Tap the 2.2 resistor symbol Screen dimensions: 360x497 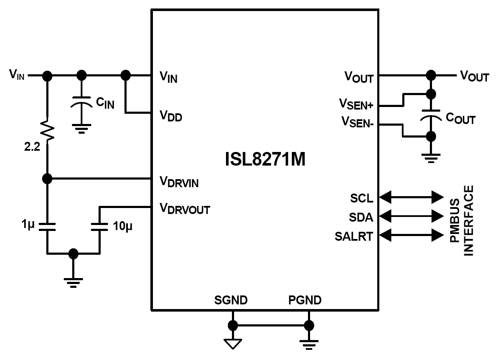click(x=48, y=129)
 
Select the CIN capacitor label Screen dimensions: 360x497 click(x=105, y=103)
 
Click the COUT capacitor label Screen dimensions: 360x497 click(x=460, y=119)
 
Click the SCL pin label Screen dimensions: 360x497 click(x=362, y=198)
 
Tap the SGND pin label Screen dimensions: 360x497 click(x=232, y=301)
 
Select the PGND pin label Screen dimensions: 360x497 click(x=305, y=301)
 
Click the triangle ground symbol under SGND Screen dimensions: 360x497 click(x=233, y=343)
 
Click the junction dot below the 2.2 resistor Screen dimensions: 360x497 click(x=48, y=179)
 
